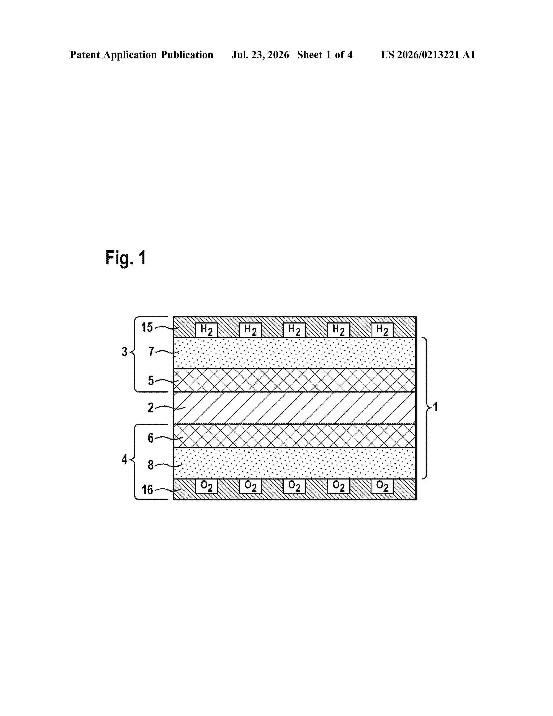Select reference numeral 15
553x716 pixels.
[x=147, y=327]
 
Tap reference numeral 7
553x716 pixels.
[x=151, y=352]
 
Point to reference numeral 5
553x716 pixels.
[x=151, y=380]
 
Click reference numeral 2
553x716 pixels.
[x=151, y=407]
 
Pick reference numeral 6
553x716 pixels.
[x=151, y=438]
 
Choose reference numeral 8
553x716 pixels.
[x=151, y=465]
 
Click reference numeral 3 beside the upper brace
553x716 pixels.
[x=124, y=352]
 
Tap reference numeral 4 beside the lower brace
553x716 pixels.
[x=124, y=459]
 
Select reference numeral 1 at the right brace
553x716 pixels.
[x=435, y=407]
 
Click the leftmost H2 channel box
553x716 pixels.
[x=206, y=330]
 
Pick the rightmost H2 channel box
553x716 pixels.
[x=382, y=330]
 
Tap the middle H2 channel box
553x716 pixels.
[x=294, y=330]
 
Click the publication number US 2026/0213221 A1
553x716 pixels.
[x=428, y=55]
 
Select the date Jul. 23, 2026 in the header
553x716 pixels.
[x=260, y=55]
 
